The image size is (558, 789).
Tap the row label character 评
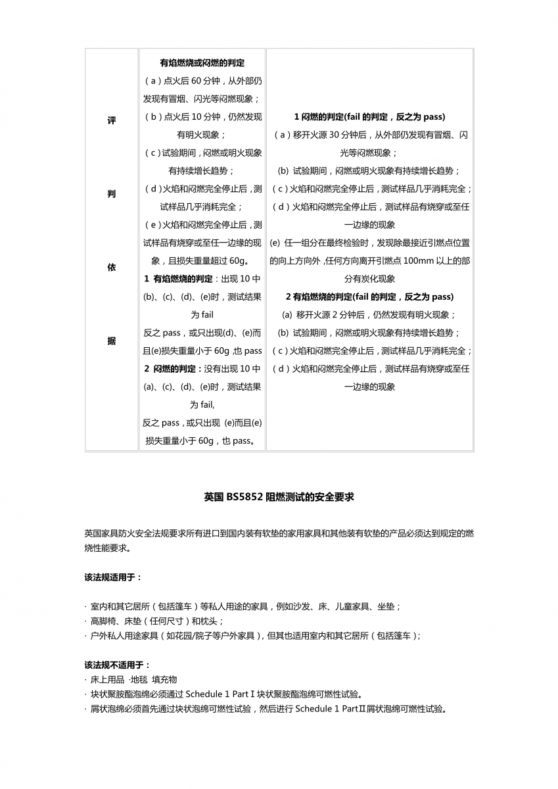tap(111, 122)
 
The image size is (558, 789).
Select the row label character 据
tap(111, 341)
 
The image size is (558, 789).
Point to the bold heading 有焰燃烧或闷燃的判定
tap(202, 63)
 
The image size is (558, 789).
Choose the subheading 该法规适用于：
tap(113, 577)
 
